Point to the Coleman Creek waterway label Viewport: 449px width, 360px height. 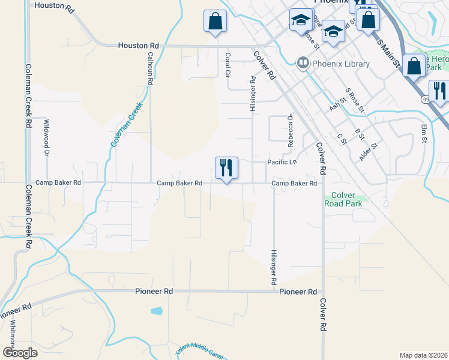[x=126, y=124]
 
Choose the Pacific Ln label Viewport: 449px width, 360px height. [x=282, y=163]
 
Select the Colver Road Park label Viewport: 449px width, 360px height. [x=343, y=199]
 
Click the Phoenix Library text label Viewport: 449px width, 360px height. [x=335, y=62]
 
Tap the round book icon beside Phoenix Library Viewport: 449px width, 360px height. [x=303, y=62]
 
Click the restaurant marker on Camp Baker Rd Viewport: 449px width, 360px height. [x=226, y=167]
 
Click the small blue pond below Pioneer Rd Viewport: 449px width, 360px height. [x=157, y=311]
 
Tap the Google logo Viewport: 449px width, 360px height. [x=19, y=352]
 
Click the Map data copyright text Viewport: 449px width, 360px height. [x=423, y=355]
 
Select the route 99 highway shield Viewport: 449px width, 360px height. [x=425, y=100]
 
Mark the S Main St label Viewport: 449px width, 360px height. [x=388, y=51]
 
